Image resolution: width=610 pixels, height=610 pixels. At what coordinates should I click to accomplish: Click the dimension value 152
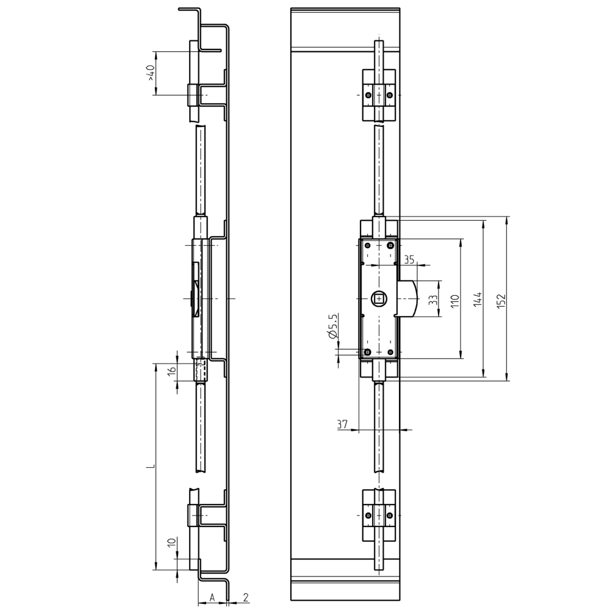[501, 301]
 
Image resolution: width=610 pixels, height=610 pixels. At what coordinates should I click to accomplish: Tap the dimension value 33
[432, 300]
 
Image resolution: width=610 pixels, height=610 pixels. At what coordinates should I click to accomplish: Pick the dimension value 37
[342, 424]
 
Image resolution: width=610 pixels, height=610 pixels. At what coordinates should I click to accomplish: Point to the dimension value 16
[172, 370]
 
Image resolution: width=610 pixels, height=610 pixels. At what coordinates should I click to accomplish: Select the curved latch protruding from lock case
[409, 298]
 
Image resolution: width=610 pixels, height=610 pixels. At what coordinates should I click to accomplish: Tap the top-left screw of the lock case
[367, 245]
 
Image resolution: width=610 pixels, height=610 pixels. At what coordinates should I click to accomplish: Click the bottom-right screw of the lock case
[390, 352]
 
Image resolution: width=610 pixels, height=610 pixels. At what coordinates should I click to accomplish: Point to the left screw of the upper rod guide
[367, 95]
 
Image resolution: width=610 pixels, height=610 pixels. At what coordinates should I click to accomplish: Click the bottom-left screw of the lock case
[367, 352]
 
